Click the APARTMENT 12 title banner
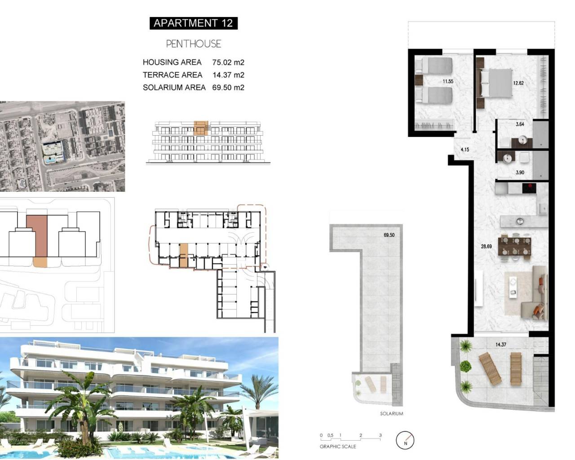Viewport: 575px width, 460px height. tap(193, 23)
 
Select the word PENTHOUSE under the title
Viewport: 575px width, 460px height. tap(194, 44)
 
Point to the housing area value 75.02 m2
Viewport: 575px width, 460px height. tap(228, 62)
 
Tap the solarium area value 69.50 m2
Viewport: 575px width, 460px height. tap(228, 88)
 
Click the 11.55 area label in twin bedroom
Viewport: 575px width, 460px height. tap(448, 82)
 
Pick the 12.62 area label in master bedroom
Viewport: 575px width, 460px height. tap(518, 83)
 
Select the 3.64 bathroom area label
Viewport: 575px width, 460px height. tap(520, 124)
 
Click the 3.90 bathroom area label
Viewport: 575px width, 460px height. tap(520, 172)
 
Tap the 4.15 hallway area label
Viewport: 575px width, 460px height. tap(465, 150)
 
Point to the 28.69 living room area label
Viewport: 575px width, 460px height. tap(487, 247)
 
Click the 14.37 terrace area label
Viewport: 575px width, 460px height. tap(501, 345)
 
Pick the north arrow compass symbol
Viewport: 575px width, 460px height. tap(405, 440)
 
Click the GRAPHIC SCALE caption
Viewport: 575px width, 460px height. tap(338, 447)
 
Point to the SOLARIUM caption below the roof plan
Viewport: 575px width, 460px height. tap(391, 414)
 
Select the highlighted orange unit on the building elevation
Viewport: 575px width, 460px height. tap(201, 128)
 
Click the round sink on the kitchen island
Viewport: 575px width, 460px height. tap(520, 221)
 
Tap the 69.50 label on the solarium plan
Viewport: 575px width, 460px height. tap(389, 235)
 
